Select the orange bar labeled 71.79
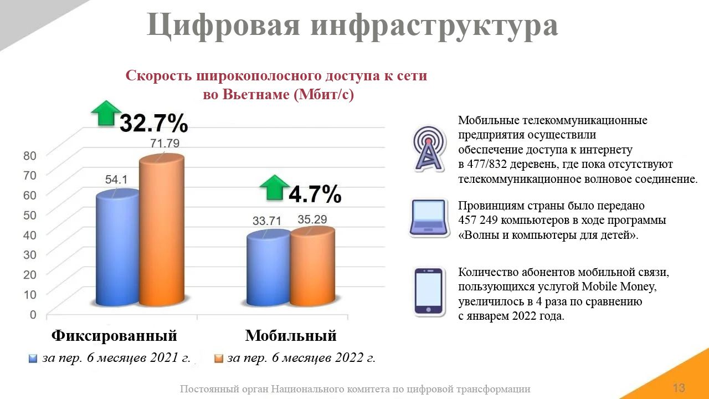click(x=162, y=230)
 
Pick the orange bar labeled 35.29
click(x=313, y=267)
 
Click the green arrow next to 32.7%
click(x=106, y=113)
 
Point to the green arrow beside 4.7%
click(x=274, y=187)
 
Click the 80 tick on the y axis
click(x=30, y=156)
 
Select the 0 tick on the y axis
click(x=33, y=314)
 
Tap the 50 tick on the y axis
click(x=30, y=215)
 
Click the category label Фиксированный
click(x=114, y=335)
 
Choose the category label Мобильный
click(x=291, y=335)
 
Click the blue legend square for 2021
click(x=33, y=359)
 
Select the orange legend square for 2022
click(x=218, y=359)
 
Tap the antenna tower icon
click(x=428, y=149)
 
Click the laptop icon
click(x=429, y=218)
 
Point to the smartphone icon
click(x=429, y=292)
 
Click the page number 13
click(x=679, y=387)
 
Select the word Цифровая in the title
click(x=223, y=25)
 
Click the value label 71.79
click(x=165, y=143)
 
